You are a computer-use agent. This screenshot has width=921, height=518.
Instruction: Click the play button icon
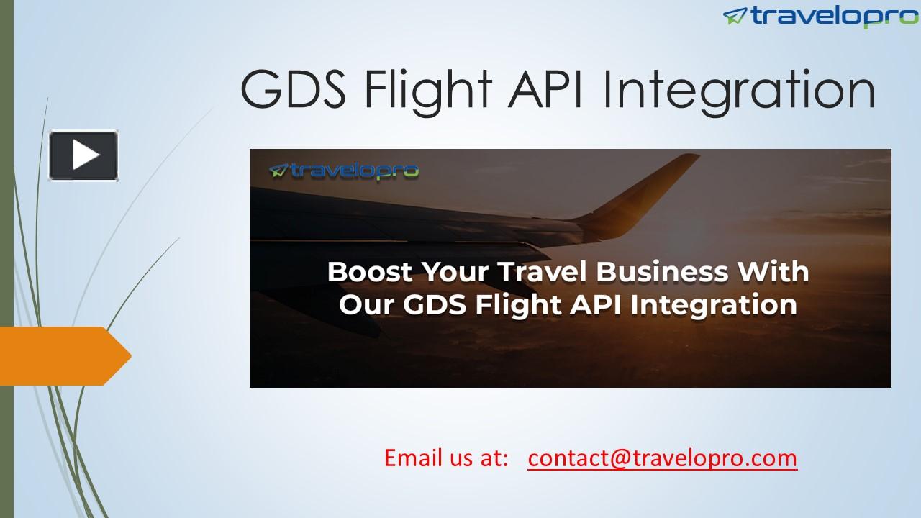[x=84, y=155]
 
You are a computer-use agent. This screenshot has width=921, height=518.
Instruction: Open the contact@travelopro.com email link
[x=662, y=458]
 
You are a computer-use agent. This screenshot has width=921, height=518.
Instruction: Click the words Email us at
[x=446, y=458]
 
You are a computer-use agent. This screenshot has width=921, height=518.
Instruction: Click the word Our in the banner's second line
[x=366, y=304]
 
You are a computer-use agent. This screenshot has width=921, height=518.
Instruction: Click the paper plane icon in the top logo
[x=735, y=16]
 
